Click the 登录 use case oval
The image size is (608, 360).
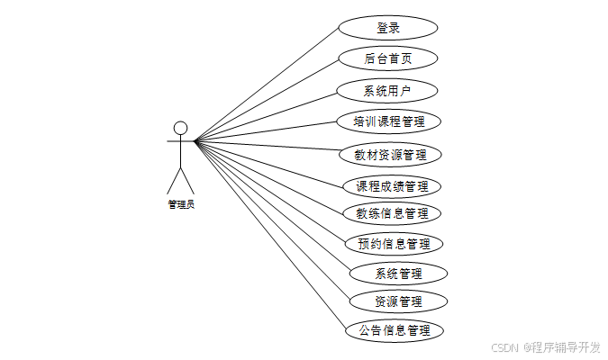[x=388, y=28]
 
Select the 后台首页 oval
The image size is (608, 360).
[x=388, y=58]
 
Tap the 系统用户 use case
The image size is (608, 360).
[x=387, y=90]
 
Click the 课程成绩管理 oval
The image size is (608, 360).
[x=392, y=186]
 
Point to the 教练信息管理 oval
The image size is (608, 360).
[x=392, y=213]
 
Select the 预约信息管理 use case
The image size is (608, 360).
[x=394, y=243]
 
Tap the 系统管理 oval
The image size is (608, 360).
[x=398, y=272]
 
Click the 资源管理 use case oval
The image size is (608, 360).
[x=398, y=301]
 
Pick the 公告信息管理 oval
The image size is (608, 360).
[x=395, y=330]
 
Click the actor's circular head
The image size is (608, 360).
[x=180, y=127]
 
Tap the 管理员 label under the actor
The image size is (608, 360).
[x=180, y=204]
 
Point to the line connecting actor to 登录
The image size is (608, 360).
[x=267, y=85]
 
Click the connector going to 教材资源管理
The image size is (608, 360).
[x=267, y=147]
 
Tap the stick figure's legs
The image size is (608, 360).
[x=180, y=179]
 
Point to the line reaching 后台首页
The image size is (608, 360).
[x=267, y=100]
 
